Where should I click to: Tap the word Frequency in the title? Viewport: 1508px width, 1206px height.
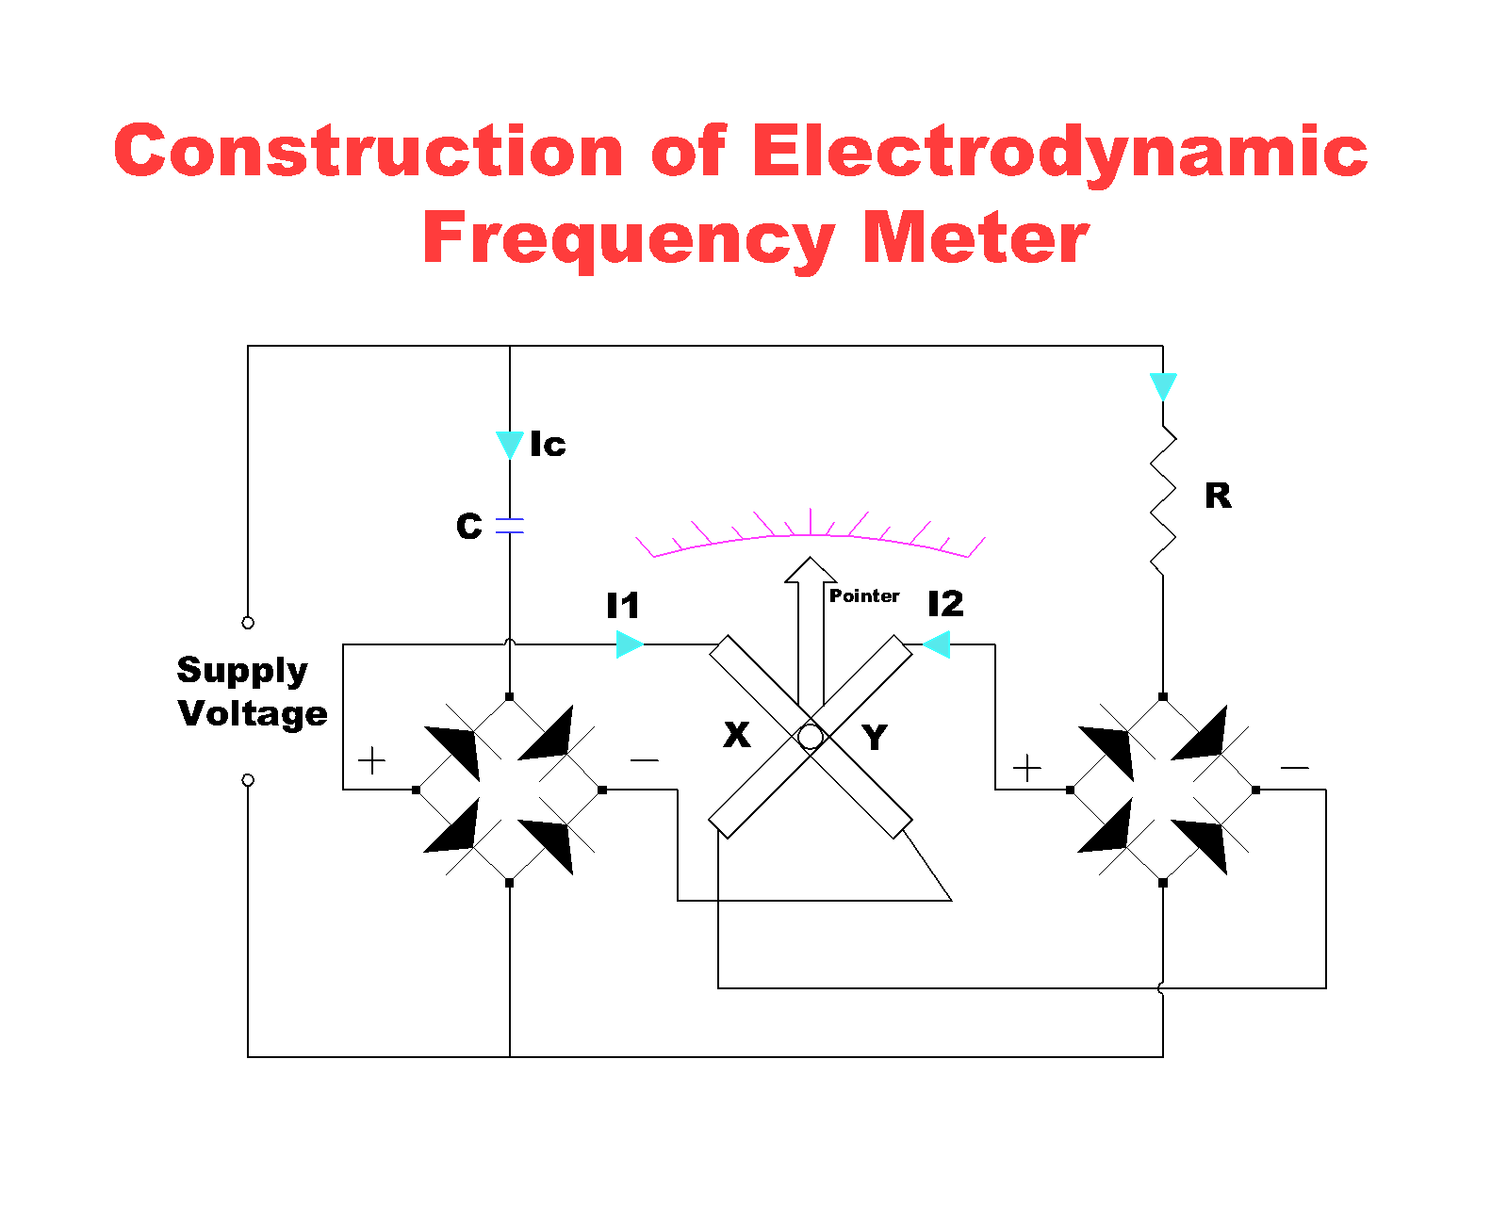tap(629, 239)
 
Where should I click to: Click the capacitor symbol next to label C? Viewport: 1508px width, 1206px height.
tap(510, 526)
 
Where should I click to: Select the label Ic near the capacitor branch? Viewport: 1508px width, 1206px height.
tap(548, 444)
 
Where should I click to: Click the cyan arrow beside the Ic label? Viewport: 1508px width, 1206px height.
tap(510, 444)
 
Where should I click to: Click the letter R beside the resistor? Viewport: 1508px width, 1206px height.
tap(1218, 496)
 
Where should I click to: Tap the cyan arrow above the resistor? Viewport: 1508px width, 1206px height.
tap(1163, 385)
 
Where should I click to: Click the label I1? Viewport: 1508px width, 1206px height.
tap(623, 605)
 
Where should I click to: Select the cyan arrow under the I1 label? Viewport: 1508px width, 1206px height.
tap(629, 644)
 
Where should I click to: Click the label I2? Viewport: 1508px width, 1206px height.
tap(945, 604)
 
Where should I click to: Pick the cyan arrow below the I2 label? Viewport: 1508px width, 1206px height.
tap(937, 644)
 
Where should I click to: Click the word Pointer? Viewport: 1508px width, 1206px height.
tap(863, 595)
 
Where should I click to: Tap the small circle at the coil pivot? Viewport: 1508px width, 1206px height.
tap(811, 737)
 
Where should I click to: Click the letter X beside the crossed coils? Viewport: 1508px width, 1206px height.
tap(737, 734)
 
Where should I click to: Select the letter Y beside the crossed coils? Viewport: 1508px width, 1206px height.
tap(875, 737)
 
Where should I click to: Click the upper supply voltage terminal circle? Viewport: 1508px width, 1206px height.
tap(248, 623)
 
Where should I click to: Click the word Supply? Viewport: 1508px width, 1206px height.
tap(242, 670)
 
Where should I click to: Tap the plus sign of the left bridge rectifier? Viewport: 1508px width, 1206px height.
tap(372, 759)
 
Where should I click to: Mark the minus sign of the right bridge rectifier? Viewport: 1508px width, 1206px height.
tap(1294, 768)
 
